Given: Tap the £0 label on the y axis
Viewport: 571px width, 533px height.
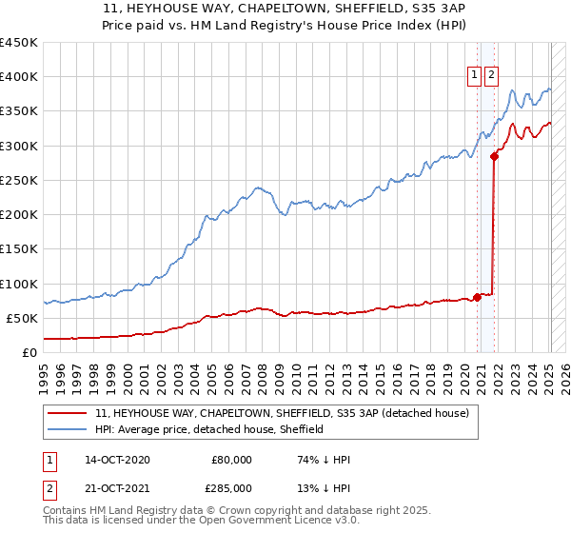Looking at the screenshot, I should (29, 352).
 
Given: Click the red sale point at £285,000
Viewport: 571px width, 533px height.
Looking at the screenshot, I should (494, 156).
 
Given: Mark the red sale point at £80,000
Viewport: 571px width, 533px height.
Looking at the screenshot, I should (477, 297).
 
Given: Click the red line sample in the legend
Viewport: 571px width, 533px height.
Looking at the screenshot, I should (67, 414).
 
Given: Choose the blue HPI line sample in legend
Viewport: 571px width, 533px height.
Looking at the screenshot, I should (67, 430).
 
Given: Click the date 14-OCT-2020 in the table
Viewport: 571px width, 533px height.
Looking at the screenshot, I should (117, 460).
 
